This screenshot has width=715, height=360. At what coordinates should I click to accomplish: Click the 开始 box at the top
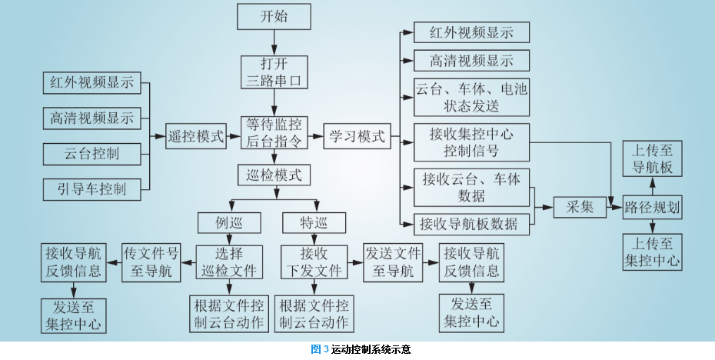pos(275,16)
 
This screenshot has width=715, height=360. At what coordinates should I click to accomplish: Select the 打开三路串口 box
pos(275,72)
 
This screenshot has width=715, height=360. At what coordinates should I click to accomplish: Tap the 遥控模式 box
pos(196,137)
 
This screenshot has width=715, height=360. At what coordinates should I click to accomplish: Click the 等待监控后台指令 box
pos(275,132)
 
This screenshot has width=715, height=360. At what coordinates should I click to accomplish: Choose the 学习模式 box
pos(357,136)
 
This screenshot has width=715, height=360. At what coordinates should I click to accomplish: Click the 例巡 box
pos(231,223)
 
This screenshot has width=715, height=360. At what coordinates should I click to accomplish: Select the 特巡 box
pos(315,223)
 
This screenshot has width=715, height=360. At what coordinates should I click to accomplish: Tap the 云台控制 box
pos(91,153)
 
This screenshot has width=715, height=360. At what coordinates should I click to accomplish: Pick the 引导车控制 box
pos(91,188)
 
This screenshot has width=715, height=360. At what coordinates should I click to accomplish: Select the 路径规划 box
pos(652,206)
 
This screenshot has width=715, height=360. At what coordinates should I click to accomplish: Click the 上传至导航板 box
pos(651,158)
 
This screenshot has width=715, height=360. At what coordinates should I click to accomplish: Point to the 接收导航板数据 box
pos(471,225)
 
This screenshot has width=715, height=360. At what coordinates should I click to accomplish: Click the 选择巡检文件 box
pos(231,262)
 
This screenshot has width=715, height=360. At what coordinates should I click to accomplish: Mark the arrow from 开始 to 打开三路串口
pos(275,41)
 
